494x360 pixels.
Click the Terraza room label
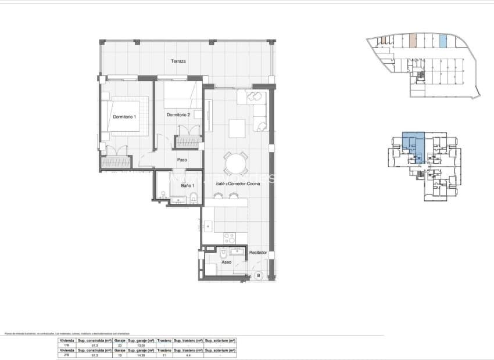178,61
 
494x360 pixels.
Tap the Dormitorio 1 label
124,117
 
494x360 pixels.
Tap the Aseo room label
227,262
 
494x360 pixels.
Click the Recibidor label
257,254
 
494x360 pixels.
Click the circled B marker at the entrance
259,276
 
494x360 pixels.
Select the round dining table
235,163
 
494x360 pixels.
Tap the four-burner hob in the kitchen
230,238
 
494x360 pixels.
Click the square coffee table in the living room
237,127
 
